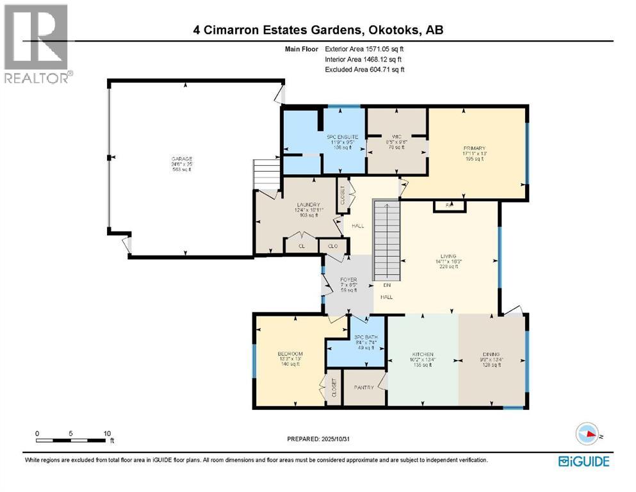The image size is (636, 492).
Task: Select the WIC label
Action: [x=396, y=136]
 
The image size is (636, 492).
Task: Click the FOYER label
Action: [x=347, y=279]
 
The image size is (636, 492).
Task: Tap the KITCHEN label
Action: [x=423, y=354]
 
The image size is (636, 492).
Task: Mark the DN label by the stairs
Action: [x=387, y=285]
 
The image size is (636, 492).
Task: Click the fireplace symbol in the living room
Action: [x=450, y=206]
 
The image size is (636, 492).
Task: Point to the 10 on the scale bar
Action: [x=107, y=432]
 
